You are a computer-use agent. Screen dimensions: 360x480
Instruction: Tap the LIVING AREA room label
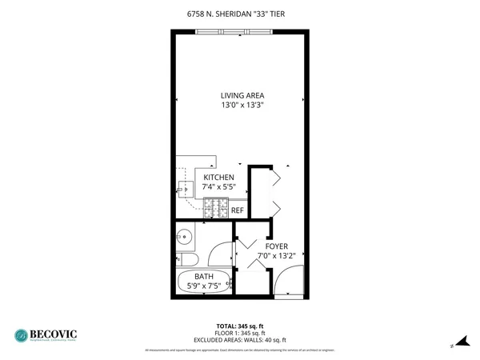coord(242,95)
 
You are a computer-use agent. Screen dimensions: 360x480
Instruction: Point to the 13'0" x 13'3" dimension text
coord(242,105)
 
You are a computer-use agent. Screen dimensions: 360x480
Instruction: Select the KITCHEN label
coord(218,177)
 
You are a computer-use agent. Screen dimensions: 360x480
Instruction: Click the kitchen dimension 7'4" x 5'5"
coord(218,186)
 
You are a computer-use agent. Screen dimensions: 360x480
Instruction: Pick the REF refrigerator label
coord(237,210)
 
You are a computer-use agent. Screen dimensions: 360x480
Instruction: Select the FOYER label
coord(277,246)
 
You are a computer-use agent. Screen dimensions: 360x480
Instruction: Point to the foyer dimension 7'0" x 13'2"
coord(277,256)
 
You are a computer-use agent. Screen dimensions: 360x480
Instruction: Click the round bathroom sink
coord(182,236)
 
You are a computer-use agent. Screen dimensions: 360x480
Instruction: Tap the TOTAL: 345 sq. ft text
coord(240,326)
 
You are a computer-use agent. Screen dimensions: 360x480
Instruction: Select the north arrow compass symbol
coord(458,340)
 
